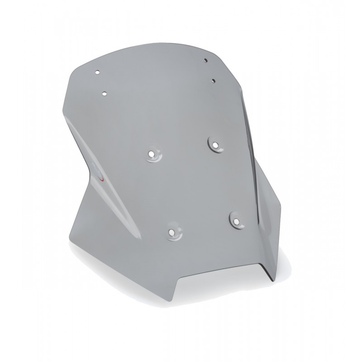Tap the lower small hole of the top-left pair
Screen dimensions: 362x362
pyautogui.click(x=104, y=94)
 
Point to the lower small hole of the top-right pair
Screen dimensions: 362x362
pyautogui.click(x=214, y=80)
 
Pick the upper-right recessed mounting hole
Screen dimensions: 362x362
pyautogui.click(x=214, y=144)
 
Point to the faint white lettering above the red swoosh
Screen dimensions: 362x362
pyautogui.click(x=93, y=165)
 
